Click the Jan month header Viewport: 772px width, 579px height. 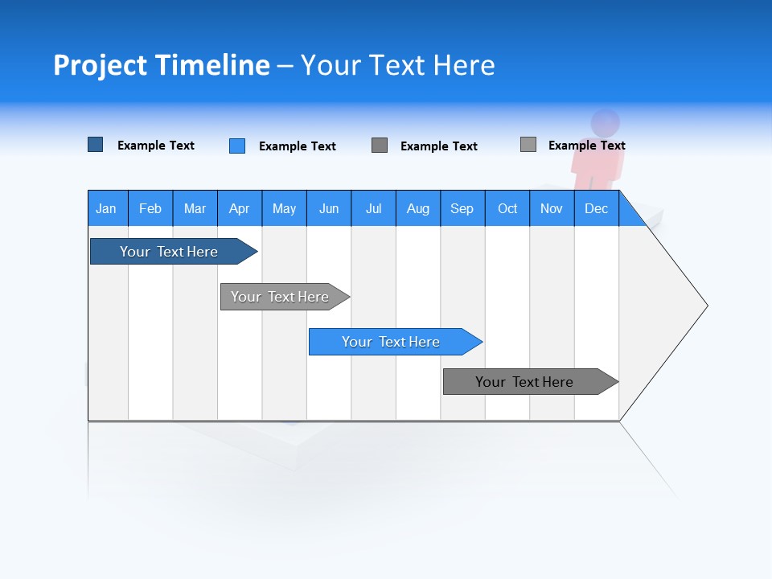[x=106, y=208]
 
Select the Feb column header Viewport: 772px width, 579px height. [x=150, y=208]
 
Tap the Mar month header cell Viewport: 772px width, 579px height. [x=195, y=208]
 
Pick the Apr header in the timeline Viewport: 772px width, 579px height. [x=239, y=208]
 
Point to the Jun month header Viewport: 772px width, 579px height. [x=328, y=208]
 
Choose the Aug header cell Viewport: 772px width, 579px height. [x=417, y=208]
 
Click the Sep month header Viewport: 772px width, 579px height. [x=462, y=208]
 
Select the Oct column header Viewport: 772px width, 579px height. [x=507, y=208]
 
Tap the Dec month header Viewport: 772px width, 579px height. [x=596, y=208]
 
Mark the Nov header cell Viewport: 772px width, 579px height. [x=551, y=208]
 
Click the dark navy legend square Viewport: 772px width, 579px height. [x=96, y=145]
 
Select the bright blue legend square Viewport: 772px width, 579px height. [x=237, y=146]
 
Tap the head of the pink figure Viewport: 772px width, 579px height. [x=606, y=123]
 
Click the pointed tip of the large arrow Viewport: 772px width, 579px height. [x=706, y=306]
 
